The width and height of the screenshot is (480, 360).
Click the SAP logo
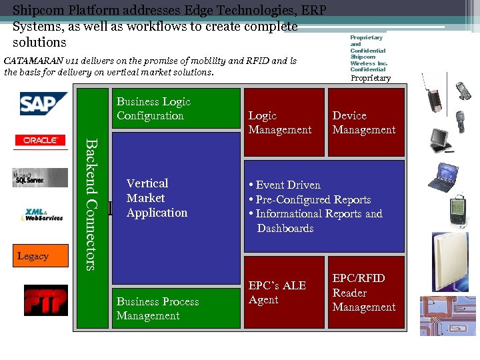(42, 104)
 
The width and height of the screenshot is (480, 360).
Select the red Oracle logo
(41, 141)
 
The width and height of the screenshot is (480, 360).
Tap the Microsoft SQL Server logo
(40, 177)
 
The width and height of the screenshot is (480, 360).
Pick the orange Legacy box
(41, 256)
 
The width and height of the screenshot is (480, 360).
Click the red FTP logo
(45, 299)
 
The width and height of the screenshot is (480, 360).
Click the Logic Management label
(279, 123)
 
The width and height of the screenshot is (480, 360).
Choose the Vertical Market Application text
(157, 198)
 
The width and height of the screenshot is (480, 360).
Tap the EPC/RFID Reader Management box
(365, 293)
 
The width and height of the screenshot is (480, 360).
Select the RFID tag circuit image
(447, 315)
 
